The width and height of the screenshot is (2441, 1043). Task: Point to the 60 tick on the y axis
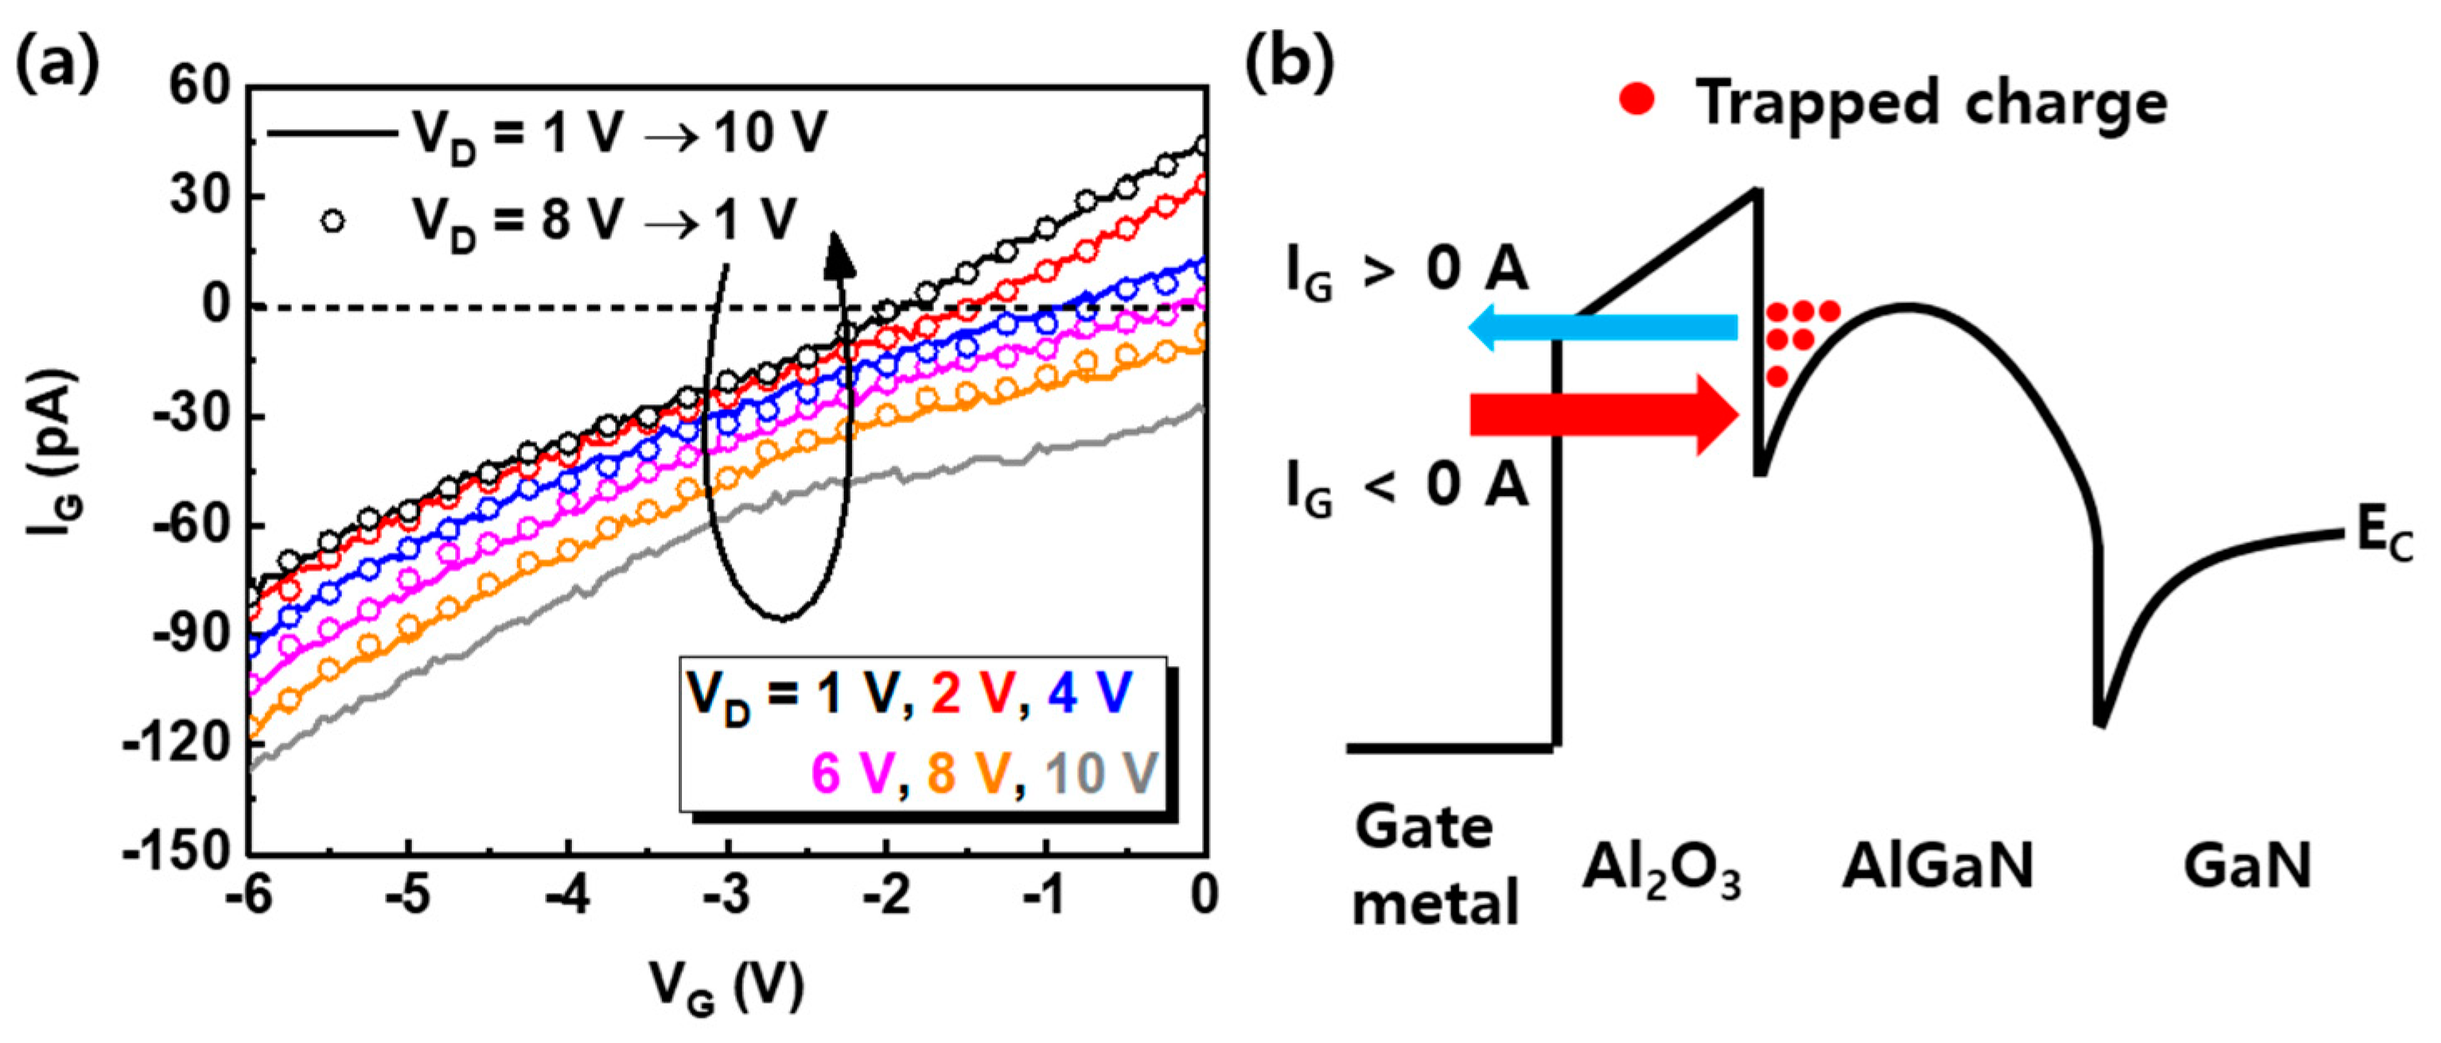click(x=200, y=88)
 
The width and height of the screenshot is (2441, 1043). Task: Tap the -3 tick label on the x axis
click(x=728, y=895)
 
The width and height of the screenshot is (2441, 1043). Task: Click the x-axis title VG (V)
click(x=727, y=988)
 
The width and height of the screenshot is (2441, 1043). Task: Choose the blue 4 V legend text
click(x=1090, y=694)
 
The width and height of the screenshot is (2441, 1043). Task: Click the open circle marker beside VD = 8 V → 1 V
click(x=333, y=222)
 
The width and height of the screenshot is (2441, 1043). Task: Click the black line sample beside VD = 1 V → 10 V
click(x=332, y=133)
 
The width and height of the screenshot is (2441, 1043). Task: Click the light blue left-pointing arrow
click(x=1601, y=328)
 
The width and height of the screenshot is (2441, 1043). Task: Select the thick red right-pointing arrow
click(x=1601, y=415)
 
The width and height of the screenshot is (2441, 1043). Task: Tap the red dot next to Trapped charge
click(x=1637, y=99)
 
